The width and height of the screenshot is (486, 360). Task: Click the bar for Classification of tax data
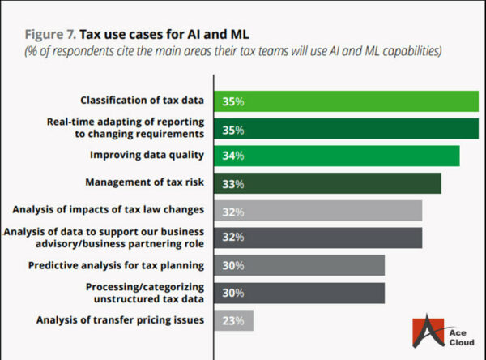point(346,101)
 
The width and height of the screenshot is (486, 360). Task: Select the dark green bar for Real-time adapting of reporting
point(346,129)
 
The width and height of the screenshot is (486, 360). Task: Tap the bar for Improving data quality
point(337,156)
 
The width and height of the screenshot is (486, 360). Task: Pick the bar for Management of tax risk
point(327,183)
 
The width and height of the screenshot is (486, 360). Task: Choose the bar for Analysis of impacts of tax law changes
point(318,211)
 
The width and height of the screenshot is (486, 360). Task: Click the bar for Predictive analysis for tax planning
point(299,265)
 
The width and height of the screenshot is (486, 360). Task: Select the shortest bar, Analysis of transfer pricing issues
point(233,319)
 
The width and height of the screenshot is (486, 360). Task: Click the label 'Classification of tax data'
point(142,101)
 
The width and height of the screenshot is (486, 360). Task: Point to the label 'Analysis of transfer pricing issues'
point(121,319)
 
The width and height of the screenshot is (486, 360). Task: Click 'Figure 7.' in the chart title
point(48,35)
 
